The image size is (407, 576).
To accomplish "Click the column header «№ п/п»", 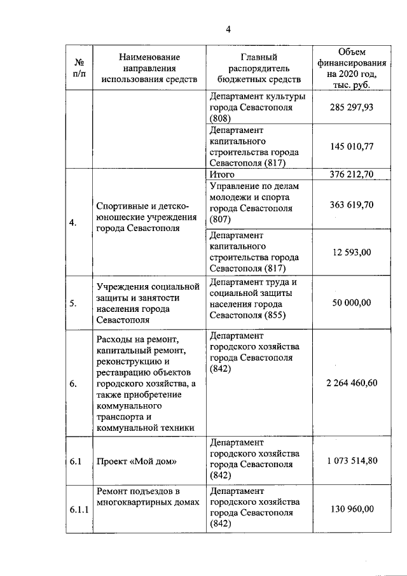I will pos(80,68).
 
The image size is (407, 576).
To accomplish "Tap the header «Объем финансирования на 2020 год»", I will pos(352,68).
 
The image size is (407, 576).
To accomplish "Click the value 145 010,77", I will pos(352,146).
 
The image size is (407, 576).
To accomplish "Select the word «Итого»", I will pos(222,174).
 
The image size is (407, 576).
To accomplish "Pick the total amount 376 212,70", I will pos(352,174).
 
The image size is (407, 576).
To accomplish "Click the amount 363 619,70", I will pos(352,204).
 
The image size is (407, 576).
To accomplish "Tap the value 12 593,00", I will pos(352,252).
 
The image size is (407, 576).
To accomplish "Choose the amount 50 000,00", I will pos(352,303).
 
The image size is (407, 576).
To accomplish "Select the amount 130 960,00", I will pos(352,509).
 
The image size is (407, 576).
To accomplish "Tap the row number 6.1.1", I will pos(79,509).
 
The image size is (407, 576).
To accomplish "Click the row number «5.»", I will pos(74,304).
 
